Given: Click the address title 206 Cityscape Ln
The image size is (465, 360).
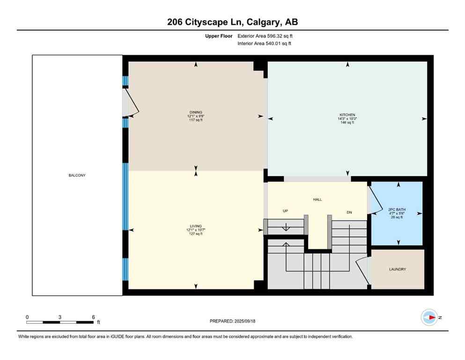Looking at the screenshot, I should click(x=232, y=22).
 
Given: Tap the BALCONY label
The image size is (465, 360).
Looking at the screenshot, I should click(x=77, y=175).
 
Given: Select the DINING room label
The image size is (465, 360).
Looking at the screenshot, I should click(x=196, y=112).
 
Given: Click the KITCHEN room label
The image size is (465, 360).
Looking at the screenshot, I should click(x=347, y=115).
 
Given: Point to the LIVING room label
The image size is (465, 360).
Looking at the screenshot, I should click(x=196, y=226).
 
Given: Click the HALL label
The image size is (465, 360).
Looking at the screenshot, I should click(x=317, y=199).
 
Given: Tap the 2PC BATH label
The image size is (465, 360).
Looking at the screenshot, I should click(x=397, y=209).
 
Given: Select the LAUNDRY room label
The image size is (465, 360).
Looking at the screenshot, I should click(x=397, y=270).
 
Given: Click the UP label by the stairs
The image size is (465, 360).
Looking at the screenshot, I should click(x=285, y=211).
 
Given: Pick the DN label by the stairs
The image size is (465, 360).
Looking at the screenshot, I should click(x=349, y=212).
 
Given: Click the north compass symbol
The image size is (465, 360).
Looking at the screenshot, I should click(x=429, y=317).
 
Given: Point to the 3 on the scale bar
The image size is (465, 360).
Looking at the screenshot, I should click(x=60, y=317).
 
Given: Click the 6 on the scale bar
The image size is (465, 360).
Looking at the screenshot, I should click(x=93, y=317).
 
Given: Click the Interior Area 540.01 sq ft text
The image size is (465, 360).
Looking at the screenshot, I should click(x=265, y=44).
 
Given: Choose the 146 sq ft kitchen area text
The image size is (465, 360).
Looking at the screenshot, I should click(x=347, y=122).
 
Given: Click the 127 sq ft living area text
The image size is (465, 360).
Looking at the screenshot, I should click(x=196, y=233).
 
